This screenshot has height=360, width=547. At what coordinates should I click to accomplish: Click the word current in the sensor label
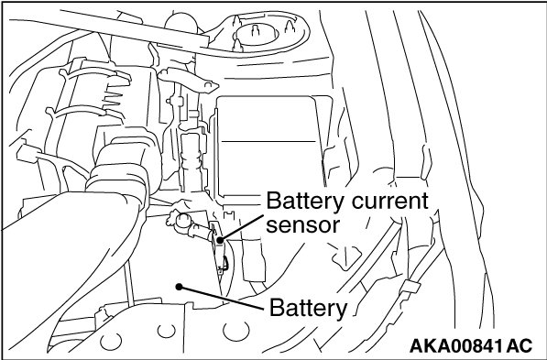coord(389,201)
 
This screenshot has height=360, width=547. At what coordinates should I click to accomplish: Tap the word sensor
coord(302,225)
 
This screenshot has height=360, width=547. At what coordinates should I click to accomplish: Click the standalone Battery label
coord(309,309)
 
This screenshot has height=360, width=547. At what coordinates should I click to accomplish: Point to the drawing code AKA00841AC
coord(471,346)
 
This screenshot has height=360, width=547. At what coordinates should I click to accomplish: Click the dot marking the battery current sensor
coord(220,240)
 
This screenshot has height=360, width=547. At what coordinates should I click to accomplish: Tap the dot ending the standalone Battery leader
coord(179,287)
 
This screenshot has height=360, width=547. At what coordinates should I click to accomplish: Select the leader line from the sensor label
coord(241,227)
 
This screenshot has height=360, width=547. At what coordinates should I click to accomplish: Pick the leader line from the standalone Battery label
coord(221,298)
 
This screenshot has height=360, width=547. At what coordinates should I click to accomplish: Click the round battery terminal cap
coord(183,222)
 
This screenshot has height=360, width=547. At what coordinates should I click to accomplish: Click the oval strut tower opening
coord(257,35)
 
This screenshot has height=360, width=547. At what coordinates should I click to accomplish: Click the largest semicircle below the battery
coord(236,332)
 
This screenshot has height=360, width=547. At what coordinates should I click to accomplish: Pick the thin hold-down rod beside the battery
coord(128,283)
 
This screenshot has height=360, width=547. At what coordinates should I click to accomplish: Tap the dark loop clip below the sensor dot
coord(225,264)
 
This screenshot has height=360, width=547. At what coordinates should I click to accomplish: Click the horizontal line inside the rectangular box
coord(268,141)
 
